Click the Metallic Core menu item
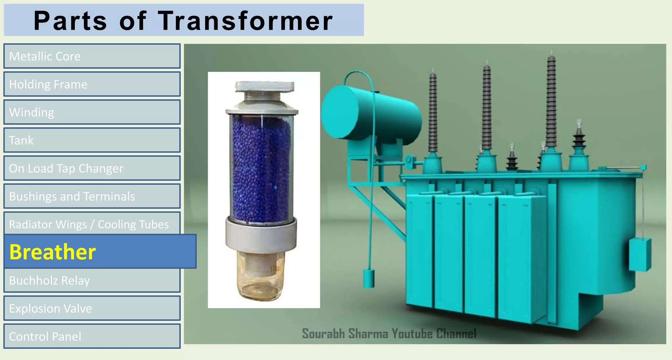(92, 56)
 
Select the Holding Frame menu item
(92, 84)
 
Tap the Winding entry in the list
(92, 112)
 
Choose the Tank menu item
(92, 140)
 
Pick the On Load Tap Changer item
(92, 168)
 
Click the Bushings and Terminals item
(92, 196)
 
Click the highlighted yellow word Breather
(52, 252)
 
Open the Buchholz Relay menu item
(92, 281)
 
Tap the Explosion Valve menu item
(92, 308)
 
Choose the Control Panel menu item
(92, 336)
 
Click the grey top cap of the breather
(264, 87)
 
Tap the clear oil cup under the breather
(261, 279)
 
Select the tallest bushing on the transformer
(551, 102)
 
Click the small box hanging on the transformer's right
(640, 254)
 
